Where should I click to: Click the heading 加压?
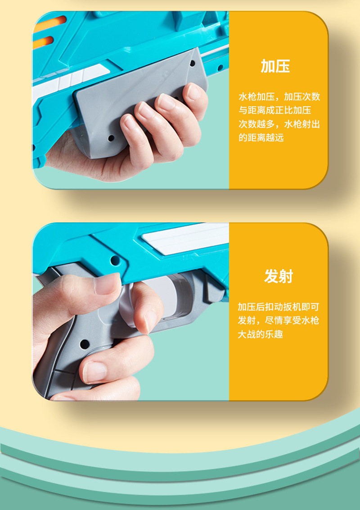(x=275, y=66)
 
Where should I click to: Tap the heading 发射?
(x=279, y=276)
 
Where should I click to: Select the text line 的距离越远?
(x=261, y=138)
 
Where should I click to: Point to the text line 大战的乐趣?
(x=260, y=334)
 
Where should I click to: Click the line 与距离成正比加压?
(x=274, y=110)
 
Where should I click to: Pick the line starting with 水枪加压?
(x=279, y=97)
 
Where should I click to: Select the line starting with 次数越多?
(x=279, y=124)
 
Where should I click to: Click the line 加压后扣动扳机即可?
(x=278, y=307)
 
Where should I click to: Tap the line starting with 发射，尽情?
(x=278, y=320)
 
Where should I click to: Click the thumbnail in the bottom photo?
(x=107, y=284)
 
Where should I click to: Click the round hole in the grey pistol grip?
(x=84, y=345)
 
